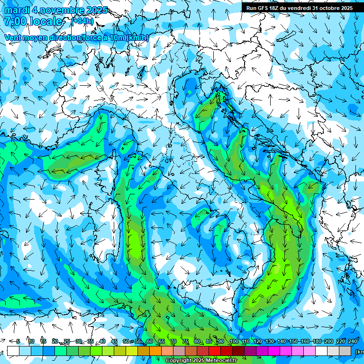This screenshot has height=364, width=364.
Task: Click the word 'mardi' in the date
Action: coord(17,10)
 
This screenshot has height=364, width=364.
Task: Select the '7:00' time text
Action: coord(15,21)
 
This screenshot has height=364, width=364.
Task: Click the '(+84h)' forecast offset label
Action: coord(82,21)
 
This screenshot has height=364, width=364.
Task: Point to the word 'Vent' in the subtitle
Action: coord(14,37)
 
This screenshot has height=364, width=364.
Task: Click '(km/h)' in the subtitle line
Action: coord(137,37)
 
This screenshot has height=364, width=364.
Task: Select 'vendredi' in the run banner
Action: coord(299,8)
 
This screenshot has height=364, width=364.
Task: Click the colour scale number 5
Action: coord(18,341)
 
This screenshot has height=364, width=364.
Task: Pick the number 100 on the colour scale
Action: coord(234,341)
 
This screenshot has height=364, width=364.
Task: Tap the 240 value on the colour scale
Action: coord(353,341)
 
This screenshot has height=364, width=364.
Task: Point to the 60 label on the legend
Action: coord(150,341)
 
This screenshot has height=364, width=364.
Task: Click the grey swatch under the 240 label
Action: coord(346,351)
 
